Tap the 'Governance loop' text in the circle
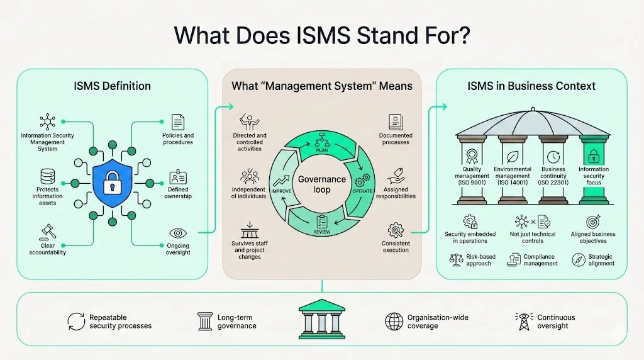click(322, 184)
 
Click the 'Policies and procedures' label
click(177, 138)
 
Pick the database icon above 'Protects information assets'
click(48, 177)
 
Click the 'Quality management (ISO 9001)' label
click(472, 176)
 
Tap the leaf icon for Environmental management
click(513, 155)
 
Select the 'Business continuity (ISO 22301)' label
click(553, 176)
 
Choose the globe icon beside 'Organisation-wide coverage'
click(394, 321)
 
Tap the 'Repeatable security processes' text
click(120, 322)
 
